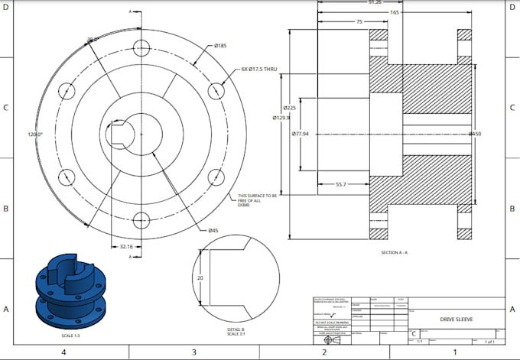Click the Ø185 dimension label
tap(219, 46)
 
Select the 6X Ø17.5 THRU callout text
tap(258, 69)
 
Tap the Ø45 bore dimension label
tap(213, 230)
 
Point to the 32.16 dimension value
tap(126, 247)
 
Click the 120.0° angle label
tap(36, 134)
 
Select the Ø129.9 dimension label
tap(282, 118)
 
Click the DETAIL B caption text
tap(236, 329)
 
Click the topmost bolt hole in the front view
tap(141, 45)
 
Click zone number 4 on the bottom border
tap(64, 352)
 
